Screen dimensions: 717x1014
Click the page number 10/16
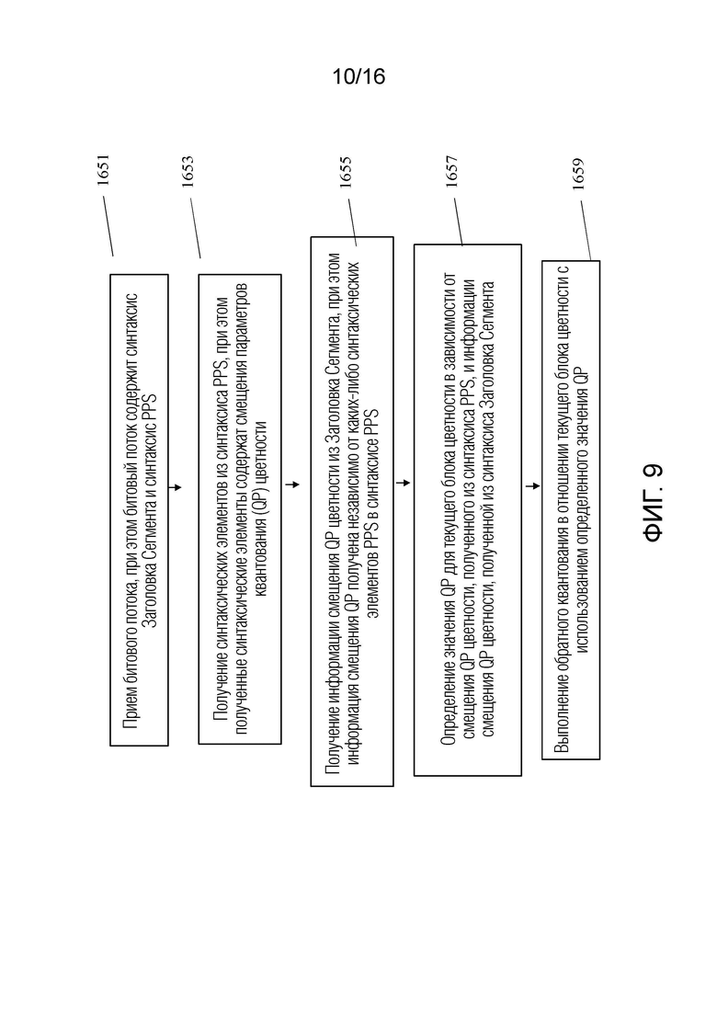pos(358,77)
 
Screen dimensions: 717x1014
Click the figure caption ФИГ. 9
pos(653,502)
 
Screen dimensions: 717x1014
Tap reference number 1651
pos(104,170)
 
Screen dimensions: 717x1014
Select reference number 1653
pos(188,171)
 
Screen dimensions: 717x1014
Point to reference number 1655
pos(346,172)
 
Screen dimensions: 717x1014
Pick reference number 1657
pos(451,171)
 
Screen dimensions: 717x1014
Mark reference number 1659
pos(578,174)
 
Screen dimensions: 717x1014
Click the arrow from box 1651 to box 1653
pos(176,487)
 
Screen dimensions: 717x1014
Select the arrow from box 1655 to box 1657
pos(402,483)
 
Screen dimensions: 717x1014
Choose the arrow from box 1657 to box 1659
pos(531,485)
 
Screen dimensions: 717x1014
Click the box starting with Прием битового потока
pos(139,510)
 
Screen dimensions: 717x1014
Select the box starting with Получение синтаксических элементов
pos(240,509)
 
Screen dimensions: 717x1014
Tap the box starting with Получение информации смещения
pos(352,511)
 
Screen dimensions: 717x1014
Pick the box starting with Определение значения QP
pos(468,509)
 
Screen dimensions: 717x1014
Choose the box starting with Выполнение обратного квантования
pos(571,509)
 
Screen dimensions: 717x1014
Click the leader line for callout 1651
pos(108,226)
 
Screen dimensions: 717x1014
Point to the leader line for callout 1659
pos(586,230)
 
